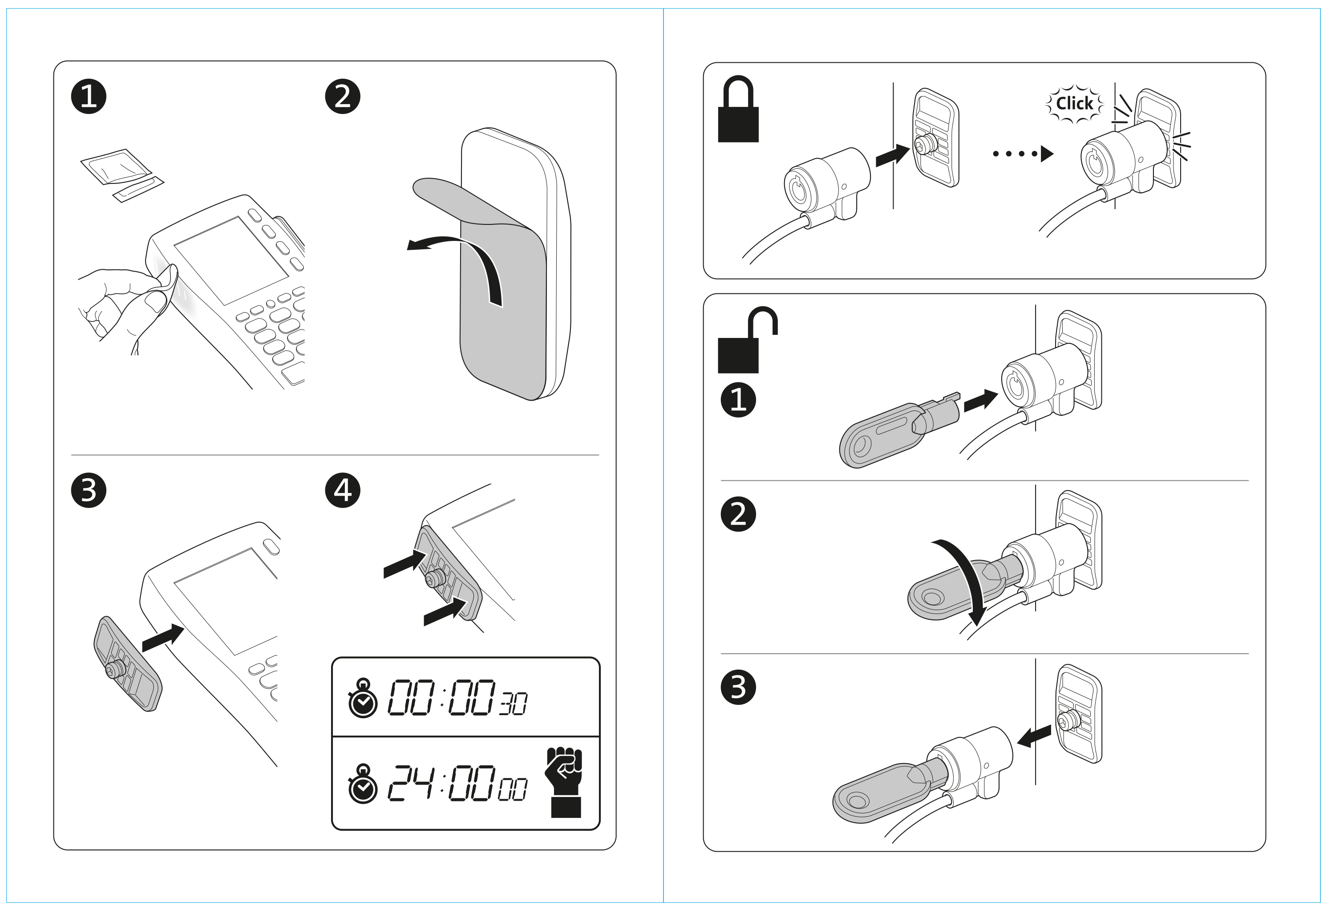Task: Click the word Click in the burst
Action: [x=1074, y=103]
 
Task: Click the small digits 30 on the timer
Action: [x=513, y=704]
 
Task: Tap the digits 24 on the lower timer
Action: [x=411, y=782]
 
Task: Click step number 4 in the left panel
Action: [x=343, y=490]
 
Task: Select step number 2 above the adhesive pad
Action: [x=343, y=96]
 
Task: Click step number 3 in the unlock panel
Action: [x=738, y=687]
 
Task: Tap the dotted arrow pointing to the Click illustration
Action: [x=1022, y=154]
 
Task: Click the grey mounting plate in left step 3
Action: [x=127, y=663]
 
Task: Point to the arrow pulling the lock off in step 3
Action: [x=1033, y=737]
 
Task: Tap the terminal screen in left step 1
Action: [x=231, y=260]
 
